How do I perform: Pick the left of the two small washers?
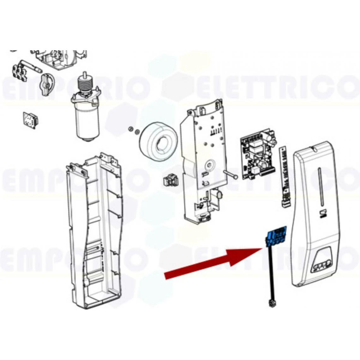tap(130, 129)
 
